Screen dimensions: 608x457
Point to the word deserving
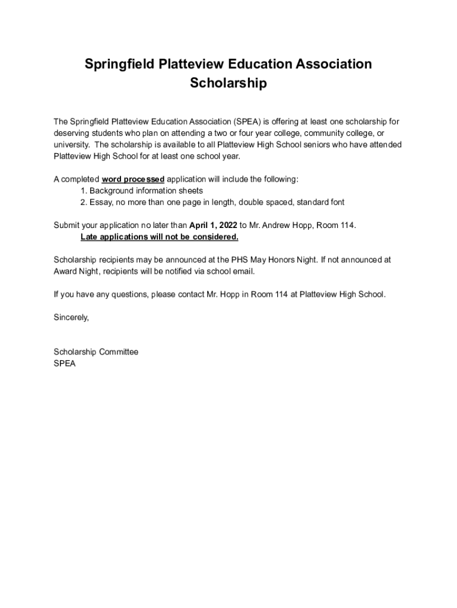click(x=71, y=133)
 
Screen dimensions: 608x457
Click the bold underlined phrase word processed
click(x=133, y=179)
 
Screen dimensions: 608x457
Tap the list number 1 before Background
click(x=83, y=191)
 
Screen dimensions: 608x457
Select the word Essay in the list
click(x=101, y=202)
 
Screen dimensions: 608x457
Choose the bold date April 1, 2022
click(x=213, y=226)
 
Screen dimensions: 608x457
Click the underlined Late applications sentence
click(x=159, y=237)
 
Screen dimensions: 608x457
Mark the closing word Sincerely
click(x=71, y=318)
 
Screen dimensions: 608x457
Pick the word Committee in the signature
click(x=119, y=352)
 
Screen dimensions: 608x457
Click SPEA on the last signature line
click(x=65, y=363)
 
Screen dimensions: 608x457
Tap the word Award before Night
click(x=65, y=271)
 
